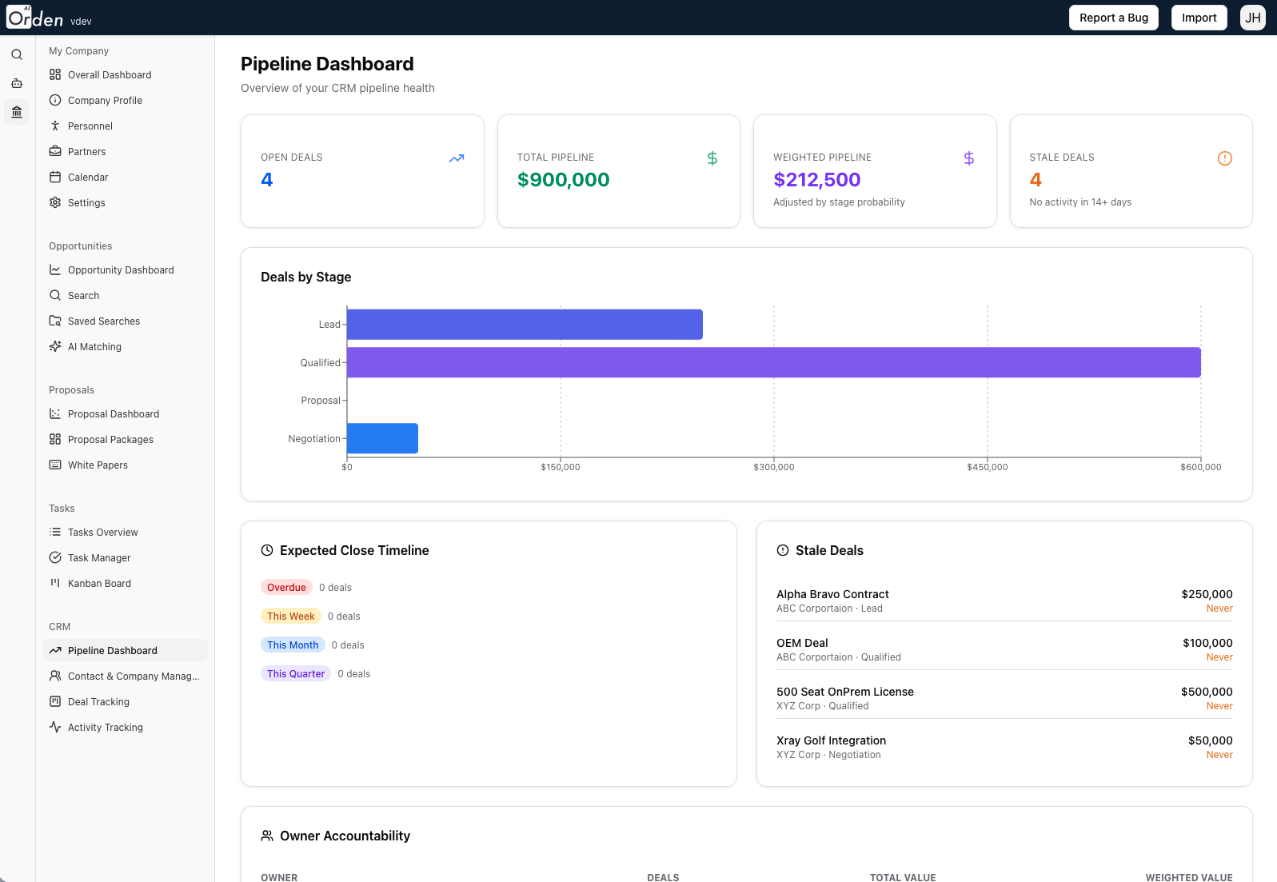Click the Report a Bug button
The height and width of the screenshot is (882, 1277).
pyautogui.click(x=1113, y=18)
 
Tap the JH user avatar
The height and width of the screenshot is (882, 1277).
pyautogui.click(x=1252, y=18)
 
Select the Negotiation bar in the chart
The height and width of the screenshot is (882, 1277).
pyautogui.click(x=382, y=438)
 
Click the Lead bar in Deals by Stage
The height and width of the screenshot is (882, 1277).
pyautogui.click(x=525, y=325)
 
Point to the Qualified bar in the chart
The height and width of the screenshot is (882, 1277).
pyautogui.click(x=773, y=362)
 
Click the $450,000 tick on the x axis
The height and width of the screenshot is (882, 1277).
pyautogui.click(x=987, y=467)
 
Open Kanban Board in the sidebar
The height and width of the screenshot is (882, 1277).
pyautogui.click(x=99, y=584)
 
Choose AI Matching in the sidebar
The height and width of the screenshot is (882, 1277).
pyautogui.click(x=94, y=347)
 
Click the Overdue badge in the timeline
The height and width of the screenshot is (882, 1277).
pyautogui.click(x=286, y=588)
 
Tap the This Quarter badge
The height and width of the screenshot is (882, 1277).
pyautogui.click(x=296, y=674)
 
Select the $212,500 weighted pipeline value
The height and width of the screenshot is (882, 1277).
pyautogui.click(x=816, y=180)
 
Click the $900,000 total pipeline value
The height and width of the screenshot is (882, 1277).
pyautogui.click(x=563, y=180)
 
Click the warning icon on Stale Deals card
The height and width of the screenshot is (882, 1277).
pyautogui.click(x=1224, y=158)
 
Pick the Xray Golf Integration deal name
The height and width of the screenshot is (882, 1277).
pyautogui.click(x=831, y=740)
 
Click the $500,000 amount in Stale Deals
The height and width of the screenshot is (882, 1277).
pyautogui.click(x=1206, y=692)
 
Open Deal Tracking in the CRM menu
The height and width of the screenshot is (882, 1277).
pyautogui.click(x=98, y=702)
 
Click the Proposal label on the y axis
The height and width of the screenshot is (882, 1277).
pyautogui.click(x=320, y=401)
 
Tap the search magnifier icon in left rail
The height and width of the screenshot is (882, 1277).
pyautogui.click(x=17, y=55)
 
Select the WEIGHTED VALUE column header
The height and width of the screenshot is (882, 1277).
pyautogui.click(x=1188, y=877)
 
